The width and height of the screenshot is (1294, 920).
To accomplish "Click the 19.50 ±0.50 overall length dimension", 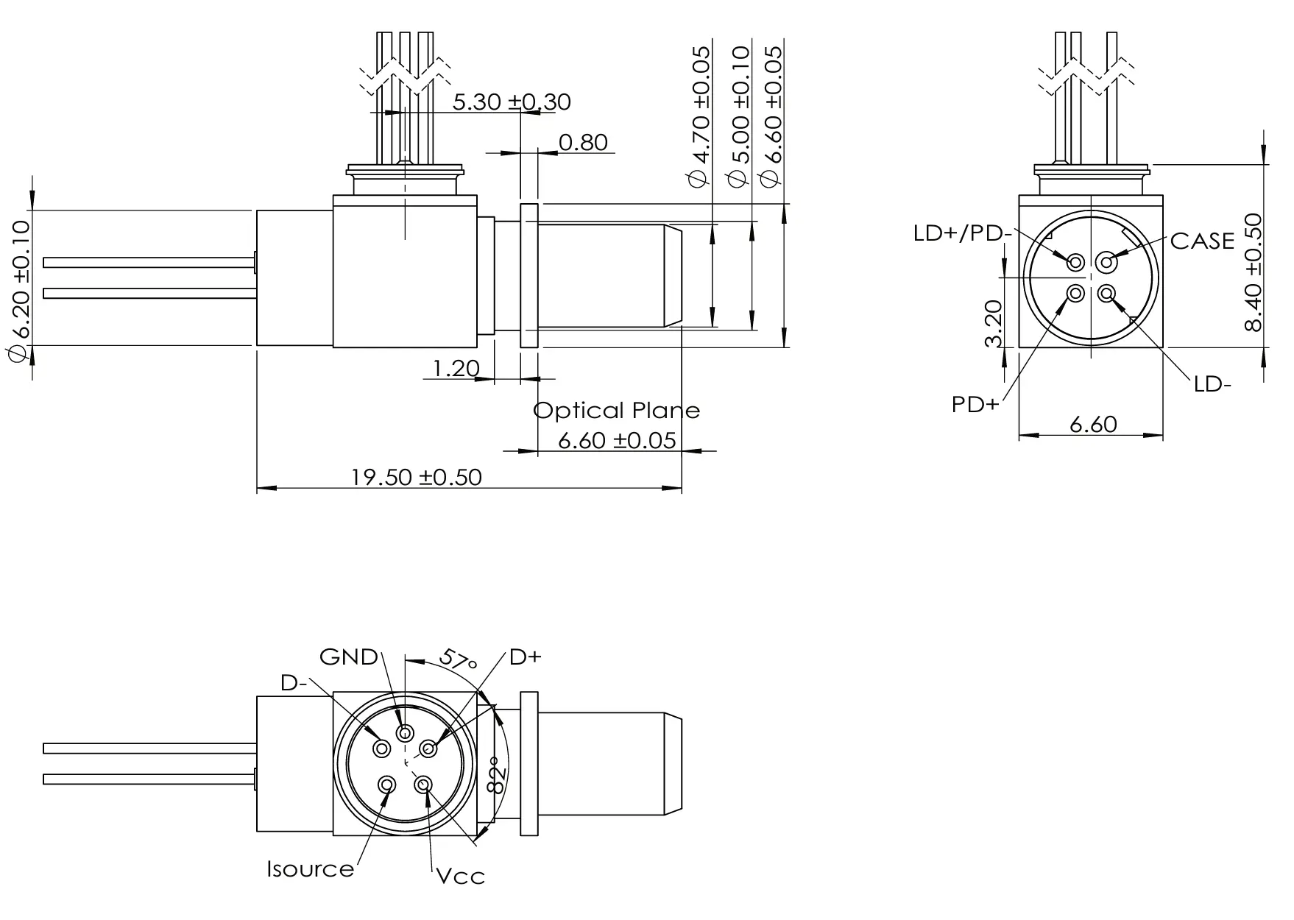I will (416, 477).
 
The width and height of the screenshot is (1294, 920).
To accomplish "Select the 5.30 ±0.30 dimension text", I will (511, 102).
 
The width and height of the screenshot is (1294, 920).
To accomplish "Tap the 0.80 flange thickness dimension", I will (583, 141).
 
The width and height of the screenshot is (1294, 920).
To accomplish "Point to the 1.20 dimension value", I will (456, 367).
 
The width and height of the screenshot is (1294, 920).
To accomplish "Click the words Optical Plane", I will (616, 410).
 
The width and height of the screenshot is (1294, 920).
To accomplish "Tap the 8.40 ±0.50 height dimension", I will (1252, 272).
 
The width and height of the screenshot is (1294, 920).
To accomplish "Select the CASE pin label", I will (1201, 241).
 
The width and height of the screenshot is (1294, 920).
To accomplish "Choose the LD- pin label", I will (1212, 383).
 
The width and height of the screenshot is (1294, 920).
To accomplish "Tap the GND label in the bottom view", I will (348, 657).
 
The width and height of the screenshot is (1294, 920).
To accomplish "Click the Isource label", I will (310, 869).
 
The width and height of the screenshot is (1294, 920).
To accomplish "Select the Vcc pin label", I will (460, 876).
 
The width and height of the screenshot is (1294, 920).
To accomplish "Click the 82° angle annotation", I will (498, 775).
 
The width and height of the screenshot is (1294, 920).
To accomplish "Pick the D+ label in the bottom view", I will (525, 657).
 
